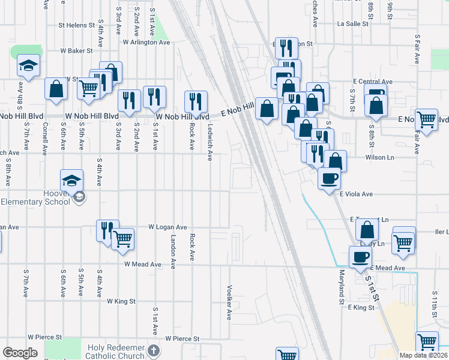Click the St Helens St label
pos(76,26)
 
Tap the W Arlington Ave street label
pos(146,42)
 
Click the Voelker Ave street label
pos(229,302)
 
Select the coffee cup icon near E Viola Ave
pos(328,179)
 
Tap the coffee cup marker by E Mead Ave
pos(360,257)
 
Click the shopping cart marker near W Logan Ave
pos(122,239)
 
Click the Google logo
pos(20,352)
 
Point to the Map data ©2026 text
pos(423,355)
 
